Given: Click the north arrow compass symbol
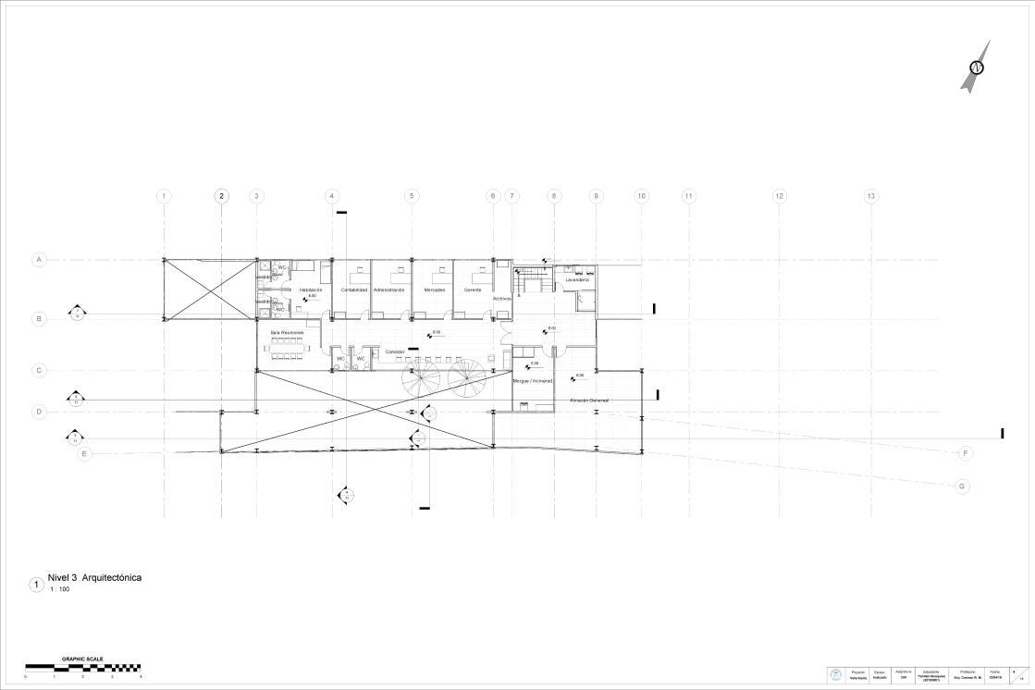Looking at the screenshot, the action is pyautogui.click(x=976, y=67).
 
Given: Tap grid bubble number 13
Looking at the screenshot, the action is pyautogui.click(x=870, y=196).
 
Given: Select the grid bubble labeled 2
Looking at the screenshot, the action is pyautogui.click(x=221, y=196).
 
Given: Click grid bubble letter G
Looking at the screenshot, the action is pyautogui.click(x=962, y=487).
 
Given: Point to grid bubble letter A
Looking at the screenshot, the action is pyautogui.click(x=39, y=260).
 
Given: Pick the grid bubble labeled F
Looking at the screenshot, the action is pyautogui.click(x=965, y=453).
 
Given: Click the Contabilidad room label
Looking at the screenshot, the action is pyautogui.click(x=354, y=290).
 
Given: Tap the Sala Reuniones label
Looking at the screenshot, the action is pyautogui.click(x=287, y=332).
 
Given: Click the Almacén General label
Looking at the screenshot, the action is pyautogui.click(x=589, y=400).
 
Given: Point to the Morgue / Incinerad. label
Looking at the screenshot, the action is pyautogui.click(x=533, y=381).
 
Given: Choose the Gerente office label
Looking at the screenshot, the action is pyautogui.click(x=473, y=290).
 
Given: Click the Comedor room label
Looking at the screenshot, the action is pyautogui.click(x=395, y=352).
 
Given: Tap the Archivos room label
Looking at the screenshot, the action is pyautogui.click(x=502, y=299).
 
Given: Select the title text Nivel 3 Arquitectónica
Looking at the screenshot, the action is pyautogui.click(x=93, y=577).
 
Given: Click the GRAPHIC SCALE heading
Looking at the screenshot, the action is pyautogui.click(x=82, y=659).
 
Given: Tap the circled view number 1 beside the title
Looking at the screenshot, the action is pyautogui.click(x=36, y=584).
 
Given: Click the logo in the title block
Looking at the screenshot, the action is pyautogui.click(x=836, y=674).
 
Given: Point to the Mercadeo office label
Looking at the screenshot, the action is pyautogui.click(x=435, y=290).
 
